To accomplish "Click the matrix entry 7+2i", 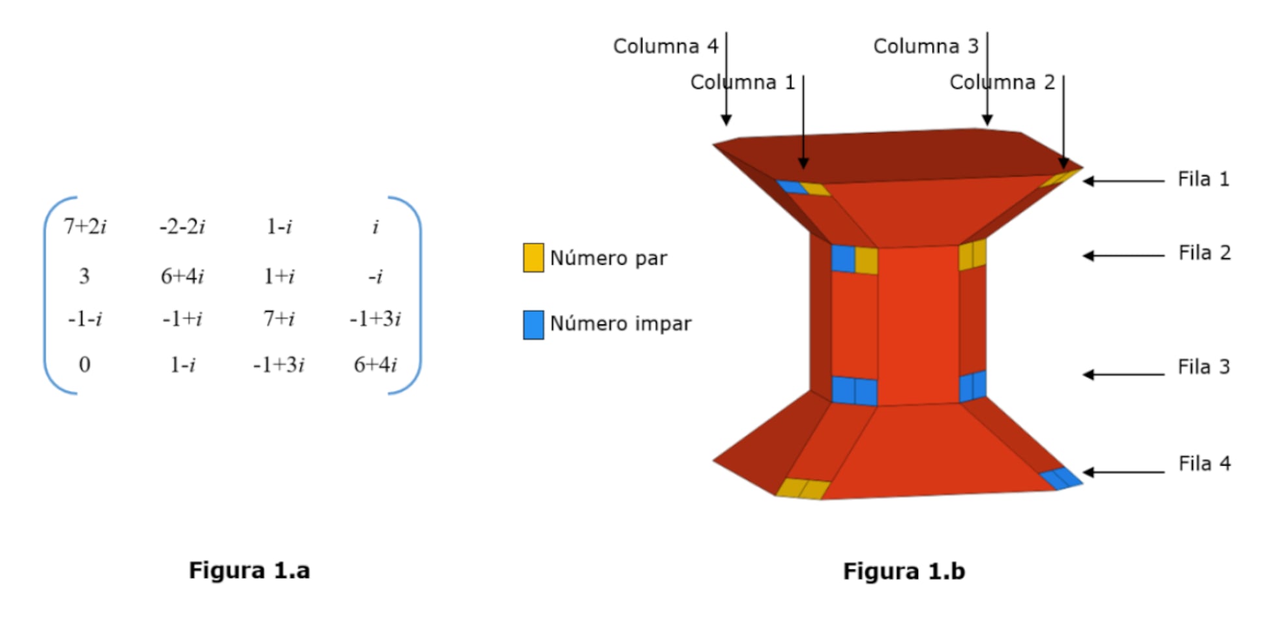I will tap(85, 226).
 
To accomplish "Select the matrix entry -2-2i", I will tap(182, 226).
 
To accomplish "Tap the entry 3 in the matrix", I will tap(84, 276).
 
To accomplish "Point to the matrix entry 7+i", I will tap(278, 319).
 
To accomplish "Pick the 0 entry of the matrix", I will tap(84, 364).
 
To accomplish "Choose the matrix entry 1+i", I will tap(278, 276).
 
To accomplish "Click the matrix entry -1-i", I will tap(85, 319).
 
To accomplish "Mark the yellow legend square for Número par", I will tap(533, 258).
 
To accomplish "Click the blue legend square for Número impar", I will tap(533, 325).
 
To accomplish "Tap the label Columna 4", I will tap(665, 46).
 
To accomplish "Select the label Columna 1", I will tap(743, 82).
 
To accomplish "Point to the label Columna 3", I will tap(926, 46).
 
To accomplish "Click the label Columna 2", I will tap(1002, 82).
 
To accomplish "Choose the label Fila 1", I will tap(1203, 179).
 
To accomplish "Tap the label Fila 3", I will tap(1204, 367).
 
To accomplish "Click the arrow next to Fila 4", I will tap(1123, 472).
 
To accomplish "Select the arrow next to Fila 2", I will tap(1123, 256).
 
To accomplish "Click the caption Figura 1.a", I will tap(249, 571).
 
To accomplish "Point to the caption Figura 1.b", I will tap(904, 571).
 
